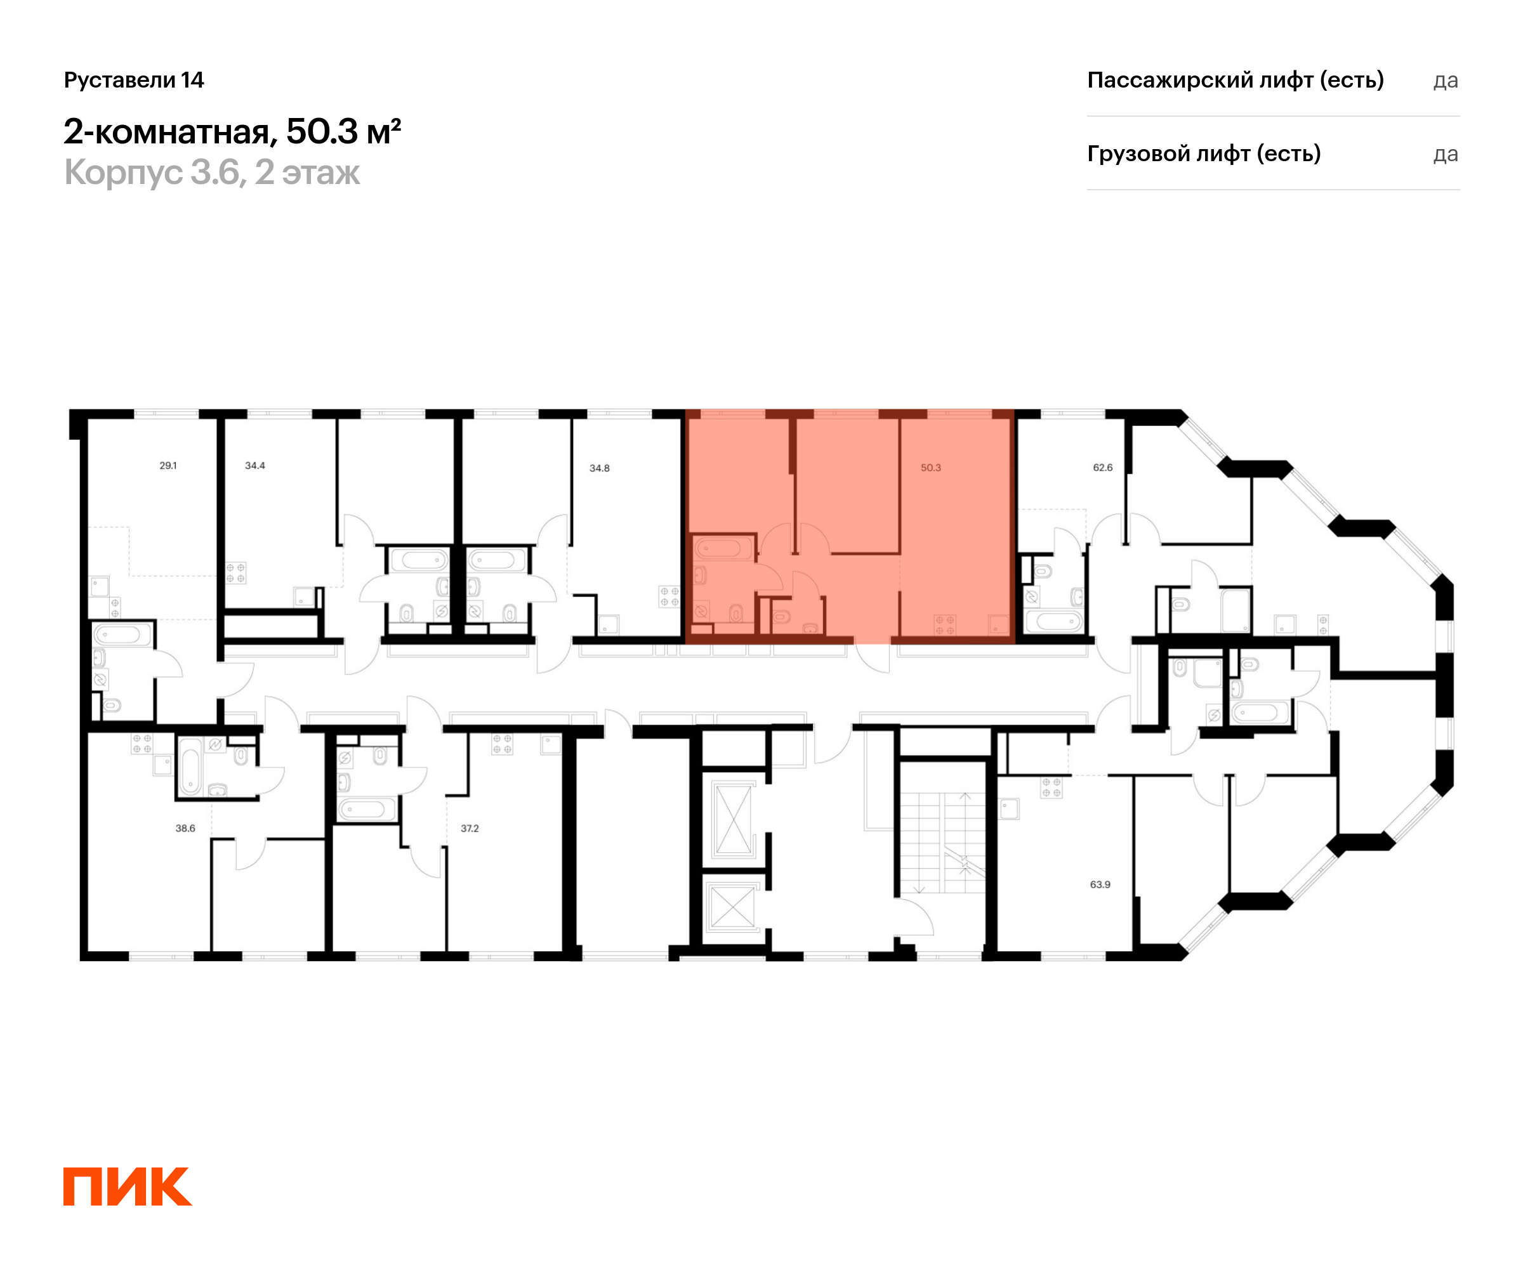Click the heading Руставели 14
(134, 80)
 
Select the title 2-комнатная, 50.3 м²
(232, 131)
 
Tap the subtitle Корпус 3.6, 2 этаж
(212, 173)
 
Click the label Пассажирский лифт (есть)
(1235, 80)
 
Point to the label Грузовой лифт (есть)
(1204, 154)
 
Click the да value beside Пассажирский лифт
(1446, 81)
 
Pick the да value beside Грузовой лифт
(1446, 154)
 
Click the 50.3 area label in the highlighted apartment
(930, 468)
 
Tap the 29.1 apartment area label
(168, 466)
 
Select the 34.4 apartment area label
(254, 466)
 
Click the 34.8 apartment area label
(599, 468)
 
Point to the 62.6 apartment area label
(1102, 468)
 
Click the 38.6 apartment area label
(185, 828)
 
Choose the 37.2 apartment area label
(469, 828)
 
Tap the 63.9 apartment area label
(1100, 884)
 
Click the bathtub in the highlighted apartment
(723, 548)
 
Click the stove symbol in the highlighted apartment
(945, 625)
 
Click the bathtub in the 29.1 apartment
(122, 636)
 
